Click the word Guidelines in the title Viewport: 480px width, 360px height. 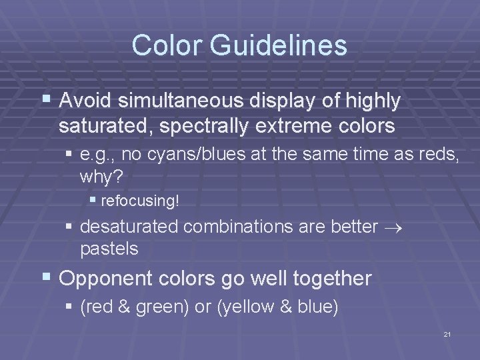(279, 45)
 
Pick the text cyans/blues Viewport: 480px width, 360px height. (193, 157)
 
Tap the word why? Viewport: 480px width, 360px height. (100, 177)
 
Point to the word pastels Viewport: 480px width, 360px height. (109, 249)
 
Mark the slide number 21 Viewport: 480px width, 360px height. (447, 334)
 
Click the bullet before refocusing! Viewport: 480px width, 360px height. (93, 200)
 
